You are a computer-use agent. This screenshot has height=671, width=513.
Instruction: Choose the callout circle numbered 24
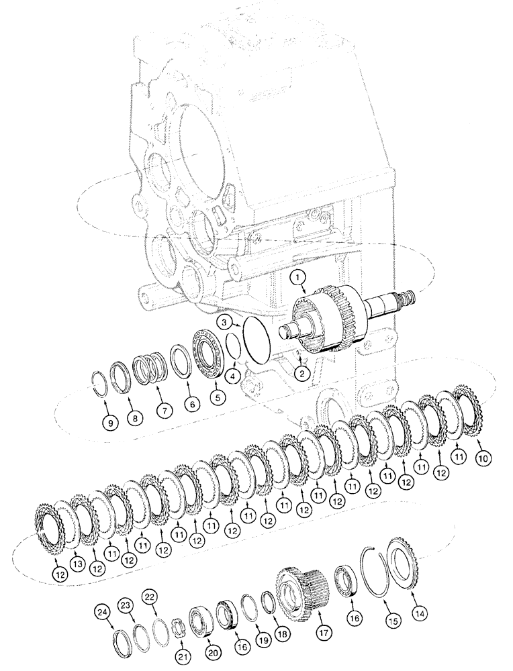[102, 611]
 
